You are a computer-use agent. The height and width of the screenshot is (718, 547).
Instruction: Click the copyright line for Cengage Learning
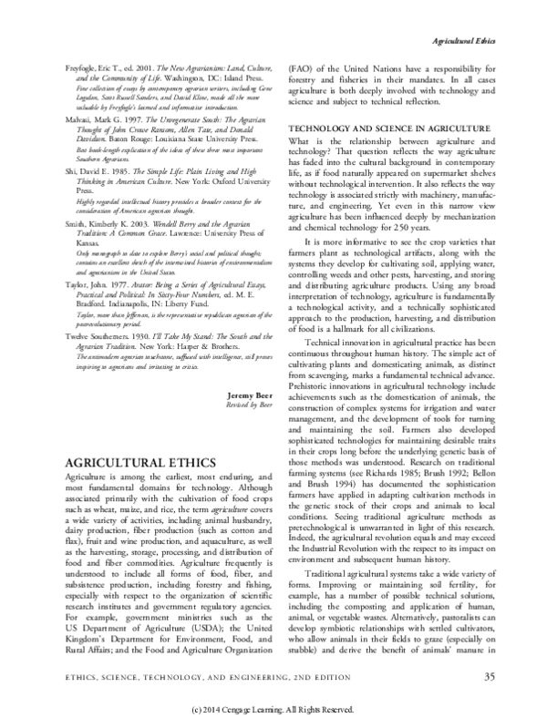click(273, 706)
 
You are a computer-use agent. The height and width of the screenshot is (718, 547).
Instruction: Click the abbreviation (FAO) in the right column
click(303, 69)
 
